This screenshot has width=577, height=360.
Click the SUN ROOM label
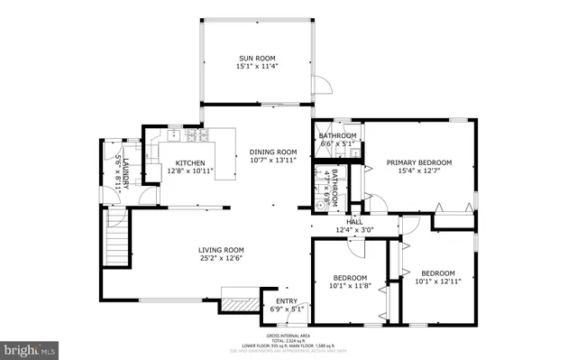pyautogui.click(x=256, y=58)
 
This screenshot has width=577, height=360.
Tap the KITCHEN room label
pyautogui.click(x=178, y=162)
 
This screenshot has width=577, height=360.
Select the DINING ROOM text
pyautogui.click(x=273, y=152)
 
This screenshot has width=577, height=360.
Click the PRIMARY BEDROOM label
pyautogui.click(x=418, y=162)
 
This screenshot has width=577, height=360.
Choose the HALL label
pyautogui.click(x=354, y=221)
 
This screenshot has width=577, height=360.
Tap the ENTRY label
pyautogui.click(x=287, y=301)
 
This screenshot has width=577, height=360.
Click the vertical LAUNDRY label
pyautogui.click(x=126, y=171)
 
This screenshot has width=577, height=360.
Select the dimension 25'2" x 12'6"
pyautogui.click(x=222, y=259)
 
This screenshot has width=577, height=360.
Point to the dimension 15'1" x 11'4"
pyautogui.click(x=256, y=66)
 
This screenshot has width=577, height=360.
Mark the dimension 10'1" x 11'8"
pyautogui.click(x=350, y=286)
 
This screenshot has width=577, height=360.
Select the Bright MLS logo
pyautogui.click(x=30, y=348)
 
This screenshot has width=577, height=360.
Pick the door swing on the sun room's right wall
pyautogui.click(x=319, y=86)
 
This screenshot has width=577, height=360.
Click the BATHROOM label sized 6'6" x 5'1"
pyautogui.click(x=337, y=136)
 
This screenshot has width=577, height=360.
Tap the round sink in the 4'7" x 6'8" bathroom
pyautogui.click(x=320, y=204)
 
